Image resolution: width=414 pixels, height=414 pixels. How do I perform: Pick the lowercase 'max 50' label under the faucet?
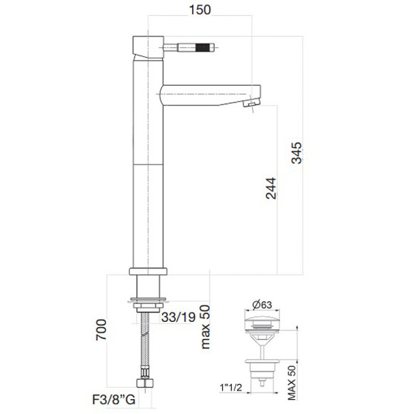(x=206, y=328)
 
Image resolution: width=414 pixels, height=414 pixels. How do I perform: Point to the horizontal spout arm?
(x=207, y=92)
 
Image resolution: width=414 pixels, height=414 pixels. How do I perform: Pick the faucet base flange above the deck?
(x=148, y=272)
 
